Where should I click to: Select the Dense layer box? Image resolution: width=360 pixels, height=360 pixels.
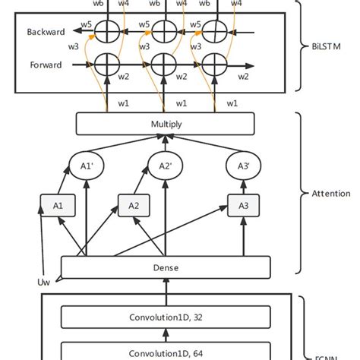click(x=165, y=267)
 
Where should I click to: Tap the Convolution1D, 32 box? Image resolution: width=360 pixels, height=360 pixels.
click(x=165, y=318)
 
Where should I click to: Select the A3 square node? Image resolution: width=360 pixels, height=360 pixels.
click(x=242, y=205)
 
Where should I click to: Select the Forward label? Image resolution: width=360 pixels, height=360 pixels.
click(x=45, y=66)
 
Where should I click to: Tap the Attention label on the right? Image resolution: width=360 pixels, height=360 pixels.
click(x=330, y=194)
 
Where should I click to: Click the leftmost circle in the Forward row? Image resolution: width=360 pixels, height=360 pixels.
click(x=106, y=65)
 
